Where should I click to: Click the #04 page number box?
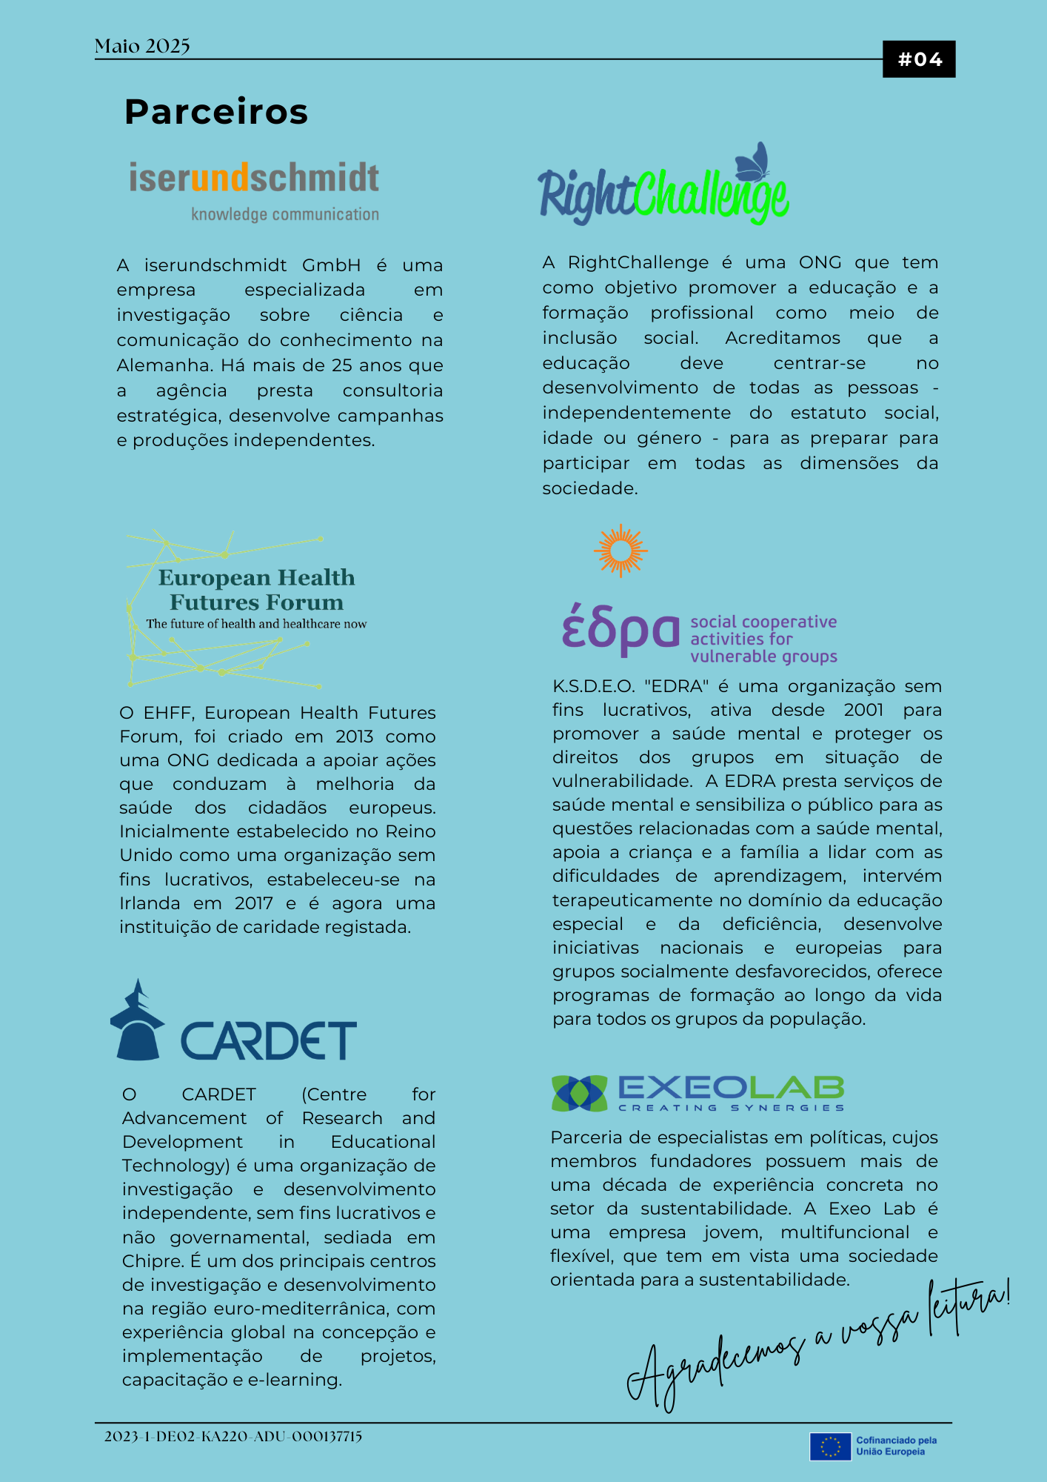[919, 59]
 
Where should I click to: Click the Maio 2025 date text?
[142, 47]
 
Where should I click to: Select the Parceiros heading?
[216, 112]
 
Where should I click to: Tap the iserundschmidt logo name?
[254, 178]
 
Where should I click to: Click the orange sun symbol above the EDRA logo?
[620, 551]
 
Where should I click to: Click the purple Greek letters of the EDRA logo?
[620, 631]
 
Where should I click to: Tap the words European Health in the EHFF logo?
[256, 577]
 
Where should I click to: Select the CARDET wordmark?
[269, 1040]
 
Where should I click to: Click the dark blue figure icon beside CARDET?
[138, 1023]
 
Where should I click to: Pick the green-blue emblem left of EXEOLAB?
[579, 1093]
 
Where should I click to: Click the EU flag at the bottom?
[830, 1446]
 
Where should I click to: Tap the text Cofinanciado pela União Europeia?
[896, 1446]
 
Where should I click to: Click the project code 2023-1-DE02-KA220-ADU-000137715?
[233, 1436]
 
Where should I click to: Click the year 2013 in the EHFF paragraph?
[355, 737]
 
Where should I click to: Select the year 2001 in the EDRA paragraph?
[863, 710]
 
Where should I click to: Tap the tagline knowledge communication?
[285, 214]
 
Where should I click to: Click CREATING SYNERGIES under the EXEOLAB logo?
[731, 1108]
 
